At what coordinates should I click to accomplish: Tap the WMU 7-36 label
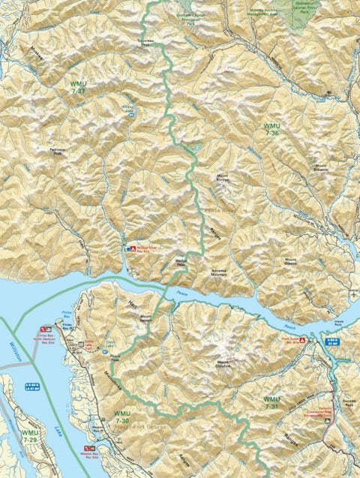click(271, 128)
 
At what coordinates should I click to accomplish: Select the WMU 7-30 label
click(123, 417)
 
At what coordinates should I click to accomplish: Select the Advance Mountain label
click(223, 274)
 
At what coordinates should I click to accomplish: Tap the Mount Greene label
click(290, 263)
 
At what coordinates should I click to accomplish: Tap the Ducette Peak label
click(346, 403)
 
